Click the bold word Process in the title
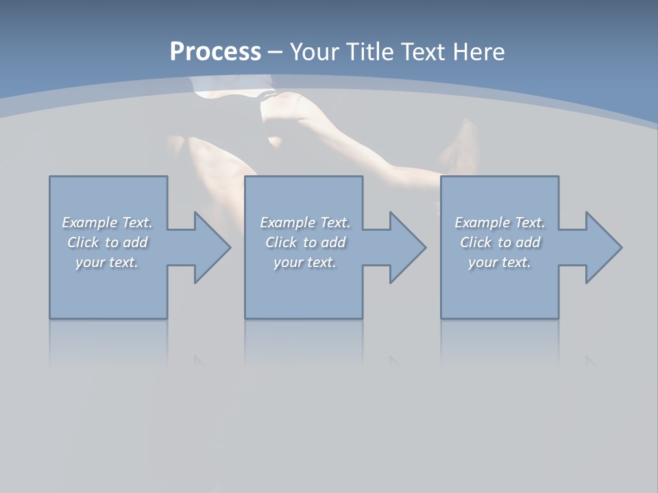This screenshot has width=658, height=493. pos(215,52)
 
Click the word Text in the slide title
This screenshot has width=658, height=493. pos(424,52)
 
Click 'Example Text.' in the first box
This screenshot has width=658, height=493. pos(107,223)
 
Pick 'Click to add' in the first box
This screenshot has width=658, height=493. pos(107,242)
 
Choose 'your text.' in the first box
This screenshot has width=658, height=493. pos(107,262)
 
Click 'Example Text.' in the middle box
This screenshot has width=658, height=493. pos(305,223)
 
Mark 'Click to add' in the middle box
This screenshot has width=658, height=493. pos(305,242)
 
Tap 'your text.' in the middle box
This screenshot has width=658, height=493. pos(305,262)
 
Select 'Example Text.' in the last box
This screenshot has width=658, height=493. pos(500,223)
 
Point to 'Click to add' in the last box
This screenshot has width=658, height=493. pos(500,242)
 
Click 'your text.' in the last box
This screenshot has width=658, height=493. pos(500,262)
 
